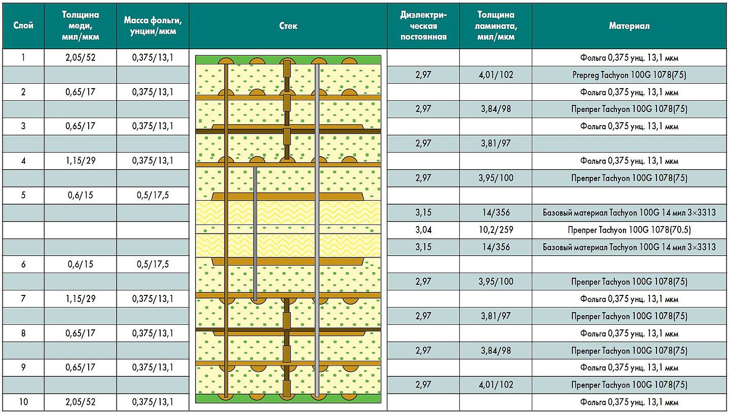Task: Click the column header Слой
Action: pyautogui.click(x=23, y=25)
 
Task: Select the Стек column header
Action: pyautogui.click(x=288, y=26)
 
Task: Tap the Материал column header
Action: pyautogui.click(x=629, y=26)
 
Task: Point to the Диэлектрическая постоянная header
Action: pyautogui.click(x=423, y=26)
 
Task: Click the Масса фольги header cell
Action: pyautogui.click(x=153, y=26)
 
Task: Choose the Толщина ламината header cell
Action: pyautogui.click(x=496, y=26)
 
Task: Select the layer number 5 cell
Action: pyautogui.click(x=23, y=195)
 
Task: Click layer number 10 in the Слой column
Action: pyautogui.click(x=23, y=402)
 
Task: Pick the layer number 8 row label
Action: pyautogui.click(x=23, y=333)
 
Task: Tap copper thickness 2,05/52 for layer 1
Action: pyautogui.click(x=80, y=58)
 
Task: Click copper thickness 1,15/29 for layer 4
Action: pyautogui.click(x=80, y=161)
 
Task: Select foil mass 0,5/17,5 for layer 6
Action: pyautogui.click(x=153, y=264)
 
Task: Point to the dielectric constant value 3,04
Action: pyautogui.click(x=423, y=230)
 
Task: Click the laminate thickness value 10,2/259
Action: pyautogui.click(x=496, y=230)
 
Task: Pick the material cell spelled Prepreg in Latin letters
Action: pyautogui.click(x=629, y=75)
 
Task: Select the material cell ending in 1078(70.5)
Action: pyautogui.click(x=629, y=230)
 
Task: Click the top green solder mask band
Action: pyautogui.click(x=288, y=60)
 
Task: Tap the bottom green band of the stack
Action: pyautogui.click(x=288, y=399)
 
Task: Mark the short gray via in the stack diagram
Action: pyautogui.click(x=255, y=234)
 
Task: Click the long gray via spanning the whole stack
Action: pyautogui.click(x=317, y=231)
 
